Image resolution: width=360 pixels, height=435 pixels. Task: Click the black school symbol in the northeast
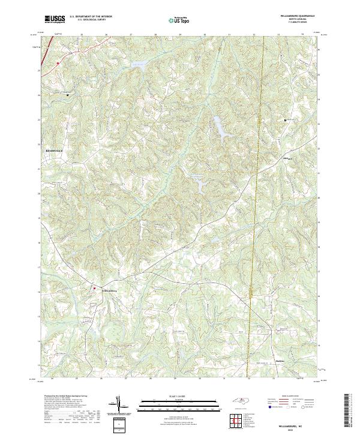[x=285, y=120]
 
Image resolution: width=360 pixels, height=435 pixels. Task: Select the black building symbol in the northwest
[x=67, y=95]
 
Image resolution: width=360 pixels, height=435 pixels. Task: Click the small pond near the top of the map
[x=139, y=62]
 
